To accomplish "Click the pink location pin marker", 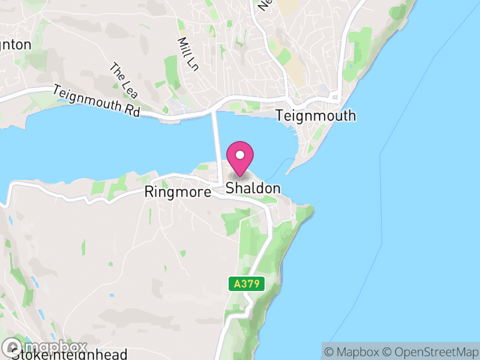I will pos(240,160).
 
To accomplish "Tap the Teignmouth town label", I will pos(316,116).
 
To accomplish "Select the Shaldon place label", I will pos(253,188).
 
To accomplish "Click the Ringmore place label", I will pos(178,192).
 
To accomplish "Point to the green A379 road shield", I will pos(247,284).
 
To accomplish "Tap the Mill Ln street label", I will pos(188,54).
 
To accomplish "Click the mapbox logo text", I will pos(55,347).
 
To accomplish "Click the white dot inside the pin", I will pos(240,155).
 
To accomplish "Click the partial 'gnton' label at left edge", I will pos(16,45).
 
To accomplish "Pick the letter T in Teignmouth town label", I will pos(280,116).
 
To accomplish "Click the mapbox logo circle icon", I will pos(13,347).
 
